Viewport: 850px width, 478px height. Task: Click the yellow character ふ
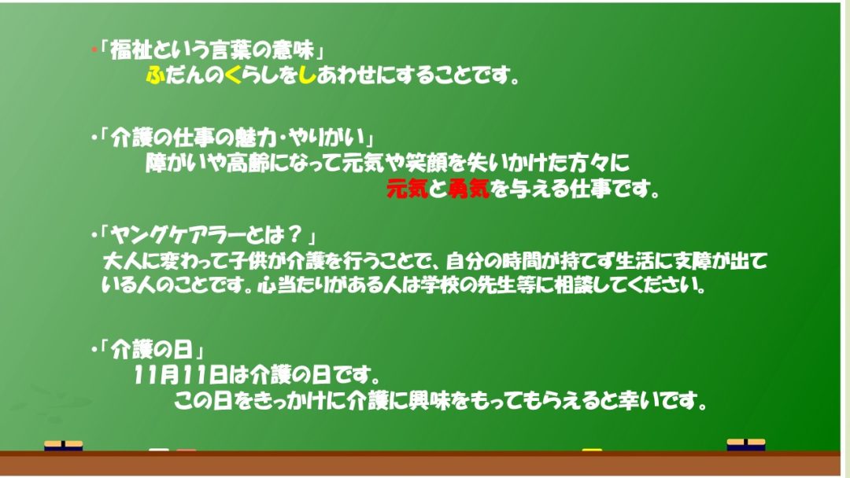point(156,75)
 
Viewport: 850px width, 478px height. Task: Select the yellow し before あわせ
point(307,75)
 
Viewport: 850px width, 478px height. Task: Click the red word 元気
point(407,189)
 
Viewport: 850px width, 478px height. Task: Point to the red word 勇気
point(469,189)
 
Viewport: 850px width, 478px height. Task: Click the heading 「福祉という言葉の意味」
point(212,50)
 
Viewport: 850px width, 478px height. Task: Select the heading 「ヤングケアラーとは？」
point(207,236)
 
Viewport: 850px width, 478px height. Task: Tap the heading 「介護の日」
point(151,350)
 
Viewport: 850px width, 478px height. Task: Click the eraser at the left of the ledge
point(64,446)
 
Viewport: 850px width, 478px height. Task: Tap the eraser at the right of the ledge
point(746,444)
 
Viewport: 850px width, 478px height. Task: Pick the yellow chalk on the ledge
point(592,450)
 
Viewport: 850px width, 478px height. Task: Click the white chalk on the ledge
point(159,450)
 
